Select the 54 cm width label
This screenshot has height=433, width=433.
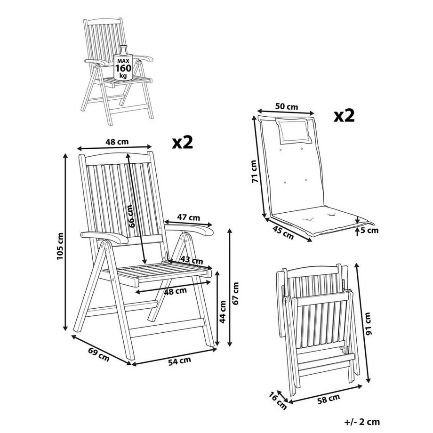pyautogui.click(x=179, y=361)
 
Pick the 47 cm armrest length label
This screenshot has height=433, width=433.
pyautogui.click(x=188, y=217)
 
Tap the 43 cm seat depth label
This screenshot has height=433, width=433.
pyautogui.click(x=192, y=260)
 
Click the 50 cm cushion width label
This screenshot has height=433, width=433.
pyautogui.click(x=286, y=106)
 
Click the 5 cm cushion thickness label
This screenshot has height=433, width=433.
pyautogui.click(x=369, y=230)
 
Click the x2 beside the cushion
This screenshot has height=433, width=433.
pyautogui.click(x=344, y=115)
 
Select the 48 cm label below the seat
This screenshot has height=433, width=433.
pyautogui.click(x=175, y=291)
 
